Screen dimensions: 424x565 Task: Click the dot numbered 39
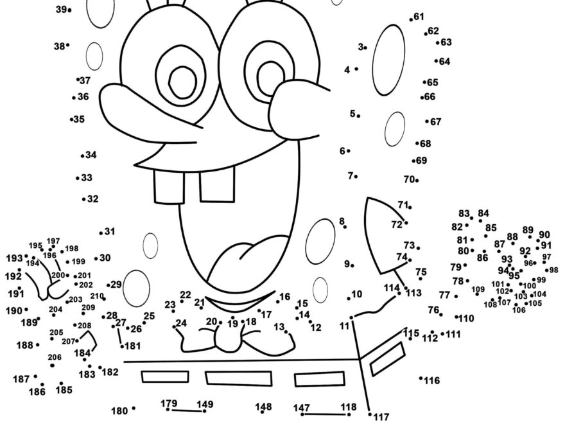click(69, 10)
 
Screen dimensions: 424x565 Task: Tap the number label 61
click(419, 17)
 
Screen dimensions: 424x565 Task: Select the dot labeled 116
click(421, 378)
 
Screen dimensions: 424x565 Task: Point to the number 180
click(119, 411)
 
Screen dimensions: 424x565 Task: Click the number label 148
click(263, 407)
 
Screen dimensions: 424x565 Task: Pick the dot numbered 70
click(417, 181)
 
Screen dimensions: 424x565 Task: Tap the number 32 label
click(93, 199)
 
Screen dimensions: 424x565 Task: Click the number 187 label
click(21, 379)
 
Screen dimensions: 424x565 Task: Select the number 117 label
click(381, 417)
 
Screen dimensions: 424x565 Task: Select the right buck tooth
click(217, 184)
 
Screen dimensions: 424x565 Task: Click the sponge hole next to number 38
click(94, 56)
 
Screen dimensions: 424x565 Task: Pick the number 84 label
click(483, 213)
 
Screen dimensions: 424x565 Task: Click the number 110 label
click(467, 318)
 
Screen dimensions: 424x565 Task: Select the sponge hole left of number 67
click(395, 129)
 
